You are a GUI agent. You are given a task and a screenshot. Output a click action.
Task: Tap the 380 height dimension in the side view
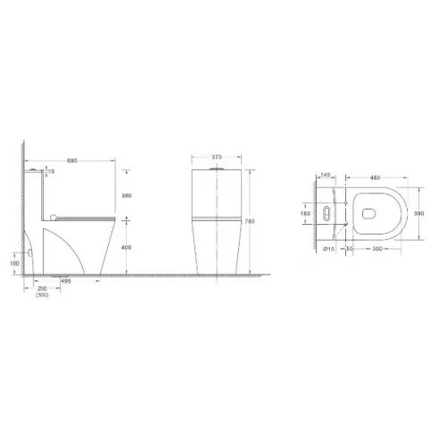127,197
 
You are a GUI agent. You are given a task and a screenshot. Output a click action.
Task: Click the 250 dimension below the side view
42,287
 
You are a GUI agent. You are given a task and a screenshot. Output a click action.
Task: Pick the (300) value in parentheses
42,294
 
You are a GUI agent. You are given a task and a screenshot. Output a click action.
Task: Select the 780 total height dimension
256,219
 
